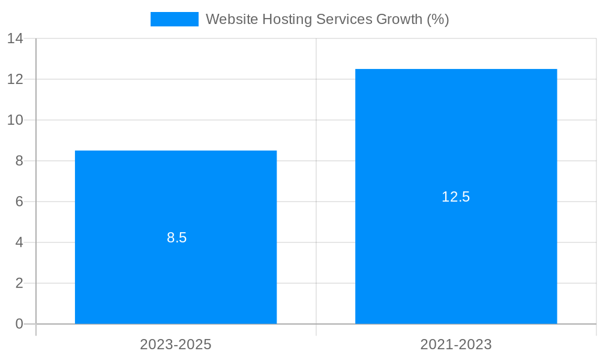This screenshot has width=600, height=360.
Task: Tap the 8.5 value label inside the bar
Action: tap(177, 238)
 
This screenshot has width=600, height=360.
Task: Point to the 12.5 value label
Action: tap(456, 197)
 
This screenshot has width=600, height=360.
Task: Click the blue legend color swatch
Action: tap(174, 19)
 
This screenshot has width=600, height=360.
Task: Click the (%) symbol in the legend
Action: tap(438, 19)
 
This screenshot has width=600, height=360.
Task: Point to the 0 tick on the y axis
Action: tap(19, 324)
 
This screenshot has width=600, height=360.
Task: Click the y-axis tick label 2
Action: tap(19, 283)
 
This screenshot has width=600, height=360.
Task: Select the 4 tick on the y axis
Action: tap(19, 242)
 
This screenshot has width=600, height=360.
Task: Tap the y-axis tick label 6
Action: tap(19, 202)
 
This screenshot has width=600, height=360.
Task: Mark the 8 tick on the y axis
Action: tap(19, 161)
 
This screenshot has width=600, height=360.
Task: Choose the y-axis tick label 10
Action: tap(15, 120)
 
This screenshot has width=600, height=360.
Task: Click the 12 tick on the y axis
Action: tap(15, 79)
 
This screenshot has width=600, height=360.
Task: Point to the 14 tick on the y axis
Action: tap(15, 38)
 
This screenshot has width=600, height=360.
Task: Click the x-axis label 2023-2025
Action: tap(176, 344)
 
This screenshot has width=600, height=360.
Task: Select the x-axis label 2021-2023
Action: tap(456, 344)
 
